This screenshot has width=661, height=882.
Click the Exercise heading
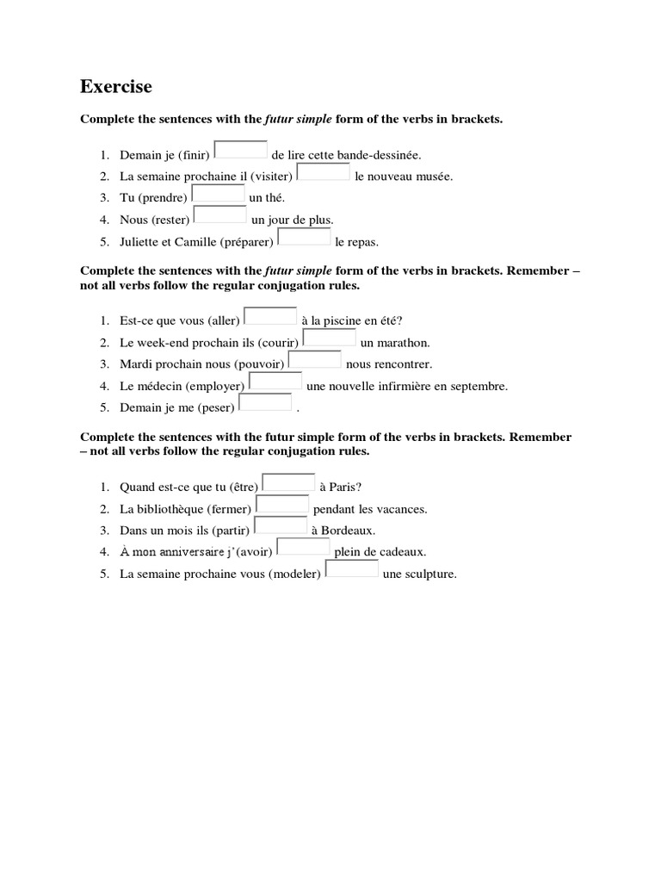coord(116,86)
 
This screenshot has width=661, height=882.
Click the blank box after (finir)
coord(241,150)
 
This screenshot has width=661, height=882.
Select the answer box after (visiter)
coord(323,171)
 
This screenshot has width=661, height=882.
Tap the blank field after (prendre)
coord(218,193)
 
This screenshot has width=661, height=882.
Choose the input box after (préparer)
coord(304,236)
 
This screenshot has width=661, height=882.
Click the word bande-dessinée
coord(379,156)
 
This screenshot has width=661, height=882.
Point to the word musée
coord(434,177)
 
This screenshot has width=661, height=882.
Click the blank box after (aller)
coord(270,316)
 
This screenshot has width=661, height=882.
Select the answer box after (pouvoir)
coord(314,359)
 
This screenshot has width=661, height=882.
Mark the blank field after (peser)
coord(265,401)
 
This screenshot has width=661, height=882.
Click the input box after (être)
coord(288,481)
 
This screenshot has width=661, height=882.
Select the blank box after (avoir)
coord(304,546)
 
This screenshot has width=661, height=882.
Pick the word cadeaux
coord(403,552)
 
